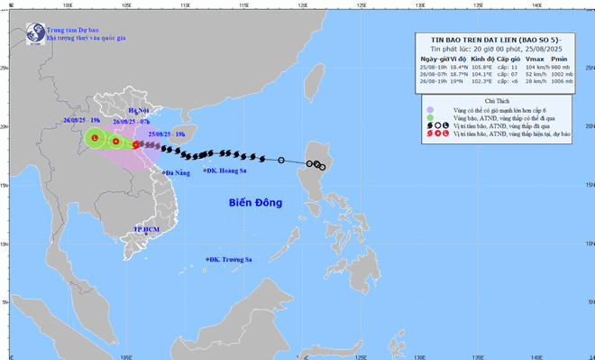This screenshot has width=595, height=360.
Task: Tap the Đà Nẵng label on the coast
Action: pyautogui.click(x=177, y=172)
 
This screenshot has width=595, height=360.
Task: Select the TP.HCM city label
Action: pyautogui.click(x=145, y=230)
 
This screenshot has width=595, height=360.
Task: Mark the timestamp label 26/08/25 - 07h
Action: pyautogui.click(x=132, y=120)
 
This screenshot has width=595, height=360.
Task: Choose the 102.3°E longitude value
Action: pyautogui.click(x=481, y=83)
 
